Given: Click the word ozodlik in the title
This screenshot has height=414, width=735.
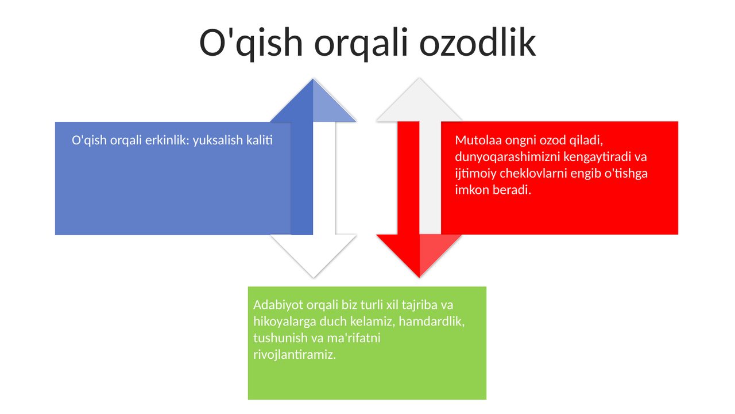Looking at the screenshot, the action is click(x=477, y=43).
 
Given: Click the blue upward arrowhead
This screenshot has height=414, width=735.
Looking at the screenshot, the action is click(x=313, y=101).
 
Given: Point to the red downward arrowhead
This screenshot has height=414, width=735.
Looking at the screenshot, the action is click(x=419, y=256).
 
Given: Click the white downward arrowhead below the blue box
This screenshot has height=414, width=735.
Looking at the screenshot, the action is click(x=314, y=256).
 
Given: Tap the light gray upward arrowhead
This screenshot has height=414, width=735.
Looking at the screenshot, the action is click(x=419, y=100).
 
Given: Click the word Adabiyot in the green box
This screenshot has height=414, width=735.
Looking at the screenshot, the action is click(x=278, y=305).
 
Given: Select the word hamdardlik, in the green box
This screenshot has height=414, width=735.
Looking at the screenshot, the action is click(x=431, y=321).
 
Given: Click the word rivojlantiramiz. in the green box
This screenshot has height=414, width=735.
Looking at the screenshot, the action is click(x=295, y=355).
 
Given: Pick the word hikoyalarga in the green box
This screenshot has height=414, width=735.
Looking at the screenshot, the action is click(x=285, y=321).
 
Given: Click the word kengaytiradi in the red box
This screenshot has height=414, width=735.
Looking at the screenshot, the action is click(x=597, y=157).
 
